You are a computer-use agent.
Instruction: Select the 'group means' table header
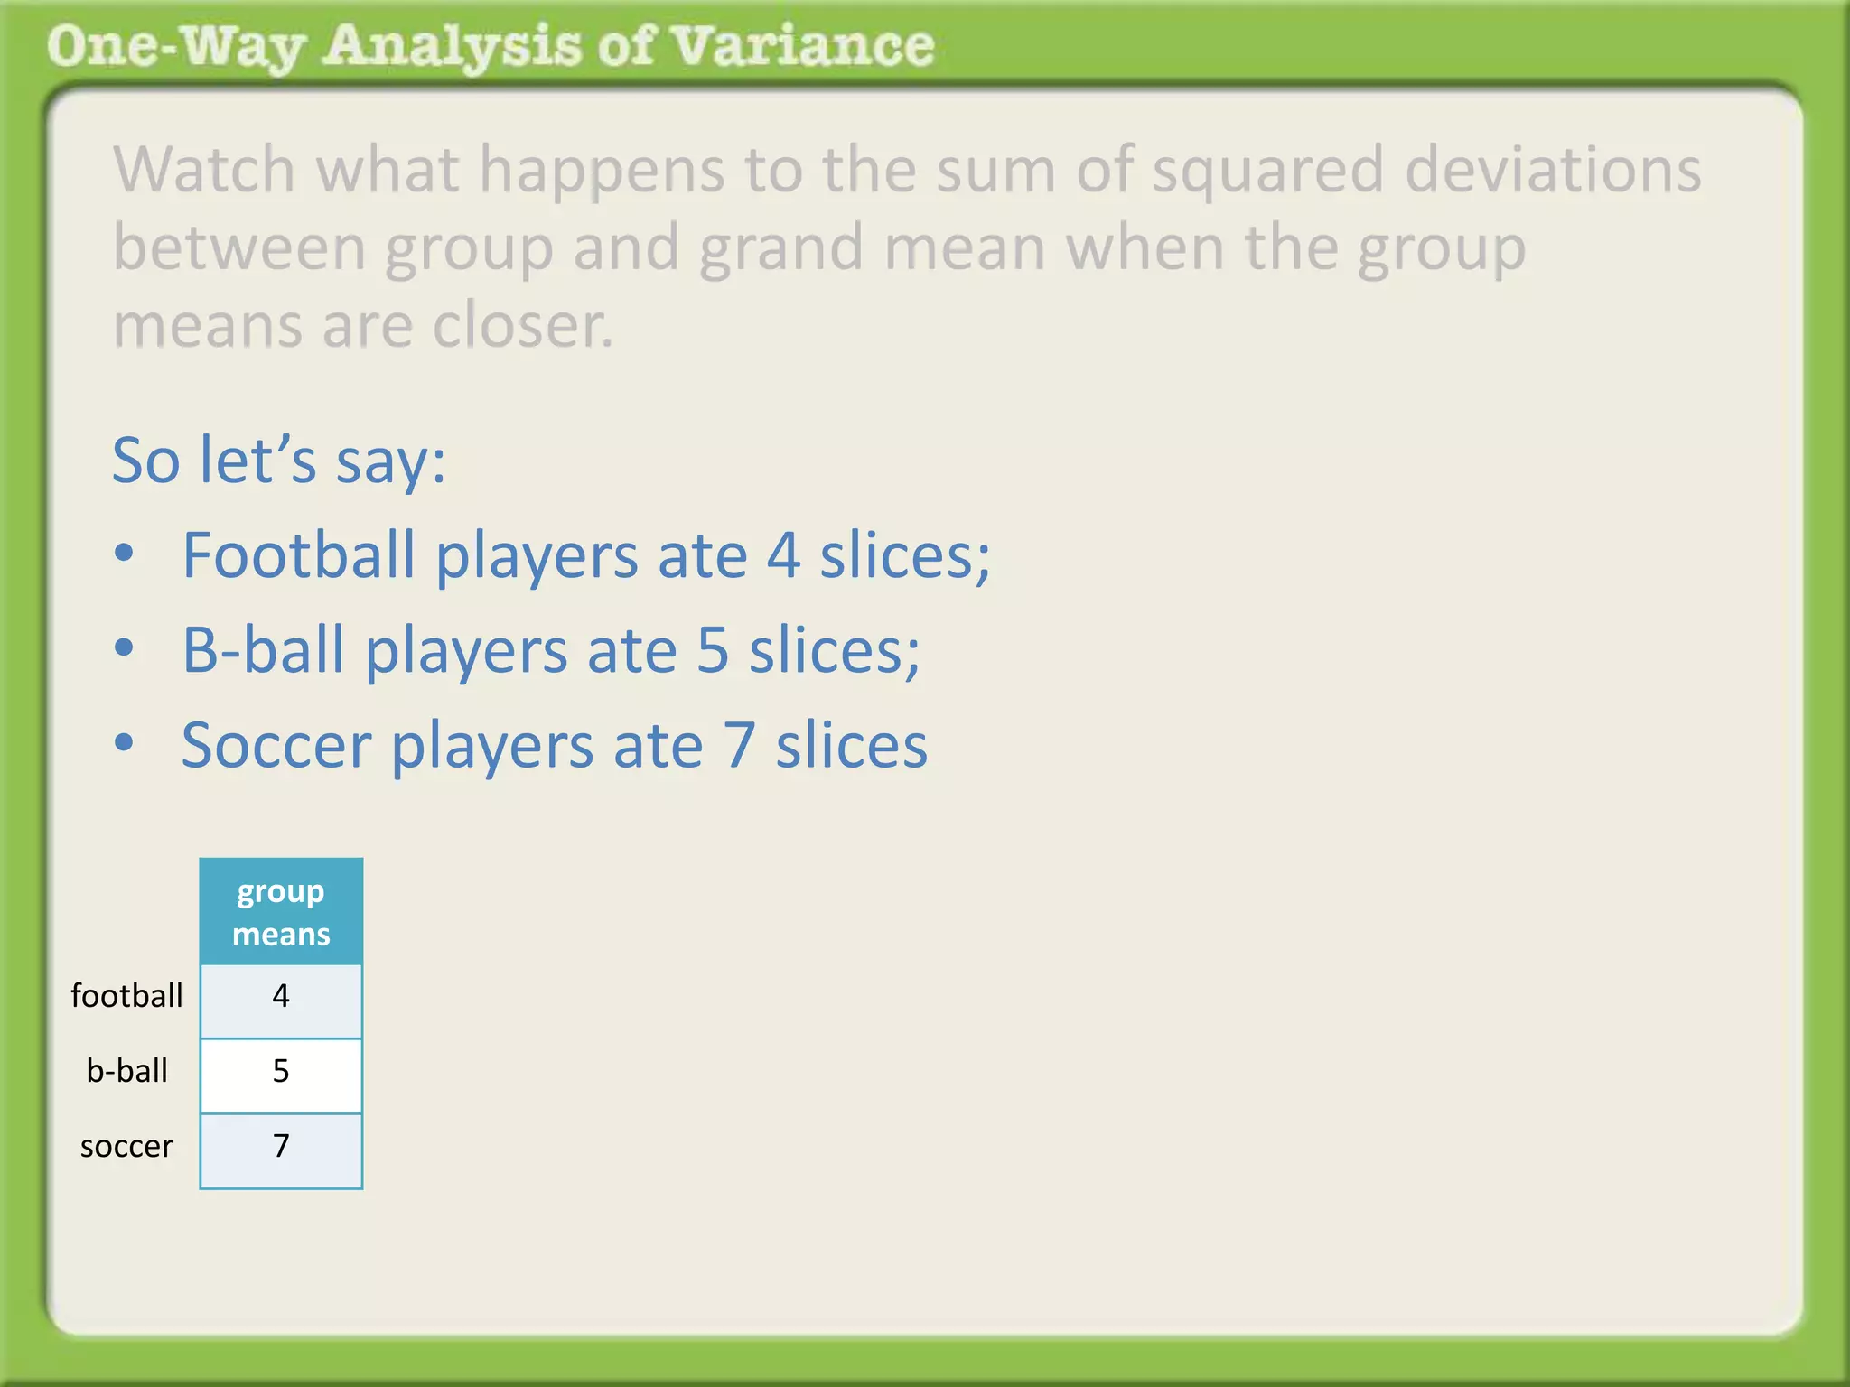click(x=281, y=912)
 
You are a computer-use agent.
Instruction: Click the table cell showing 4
click(x=281, y=997)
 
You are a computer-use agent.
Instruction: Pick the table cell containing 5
click(x=281, y=1072)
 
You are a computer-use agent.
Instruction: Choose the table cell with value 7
click(x=281, y=1147)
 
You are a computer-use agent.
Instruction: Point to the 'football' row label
click(x=126, y=996)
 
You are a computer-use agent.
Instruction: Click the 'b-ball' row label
click(x=126, y=1071)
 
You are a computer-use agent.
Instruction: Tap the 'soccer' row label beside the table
click(x=126, y=1146)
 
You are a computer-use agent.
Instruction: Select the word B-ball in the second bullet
click(x=263, y=650)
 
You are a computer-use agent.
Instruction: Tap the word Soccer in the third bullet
click(x=276, y=746)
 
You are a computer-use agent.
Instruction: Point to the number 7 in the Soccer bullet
click(x=739, y=746)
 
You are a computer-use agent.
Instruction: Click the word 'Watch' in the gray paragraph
click(x=203, y=170)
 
